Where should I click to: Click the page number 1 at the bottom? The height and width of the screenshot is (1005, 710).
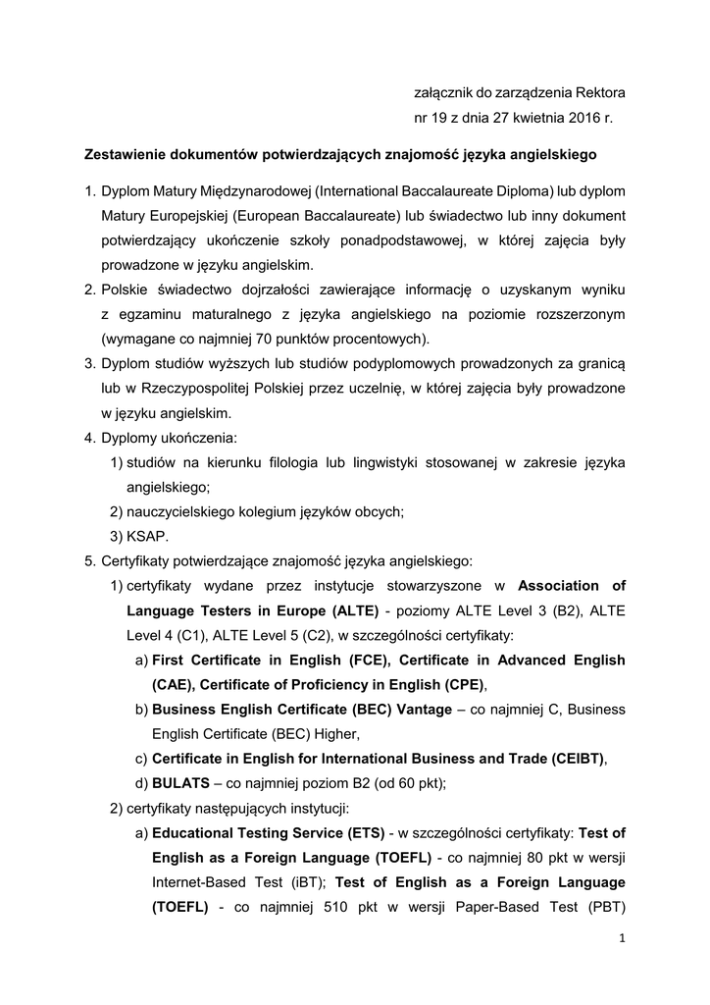[x=622, y=938]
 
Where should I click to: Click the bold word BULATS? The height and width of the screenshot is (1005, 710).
[x=180, y=782]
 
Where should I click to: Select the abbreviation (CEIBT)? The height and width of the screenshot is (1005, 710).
[x=570, y=758]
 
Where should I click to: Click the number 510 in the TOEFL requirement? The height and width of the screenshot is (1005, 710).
[x=340, y=908]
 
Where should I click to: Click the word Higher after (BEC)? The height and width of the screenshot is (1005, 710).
[x=334, y=732]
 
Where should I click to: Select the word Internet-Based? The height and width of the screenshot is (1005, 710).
[x=197, y=883]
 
